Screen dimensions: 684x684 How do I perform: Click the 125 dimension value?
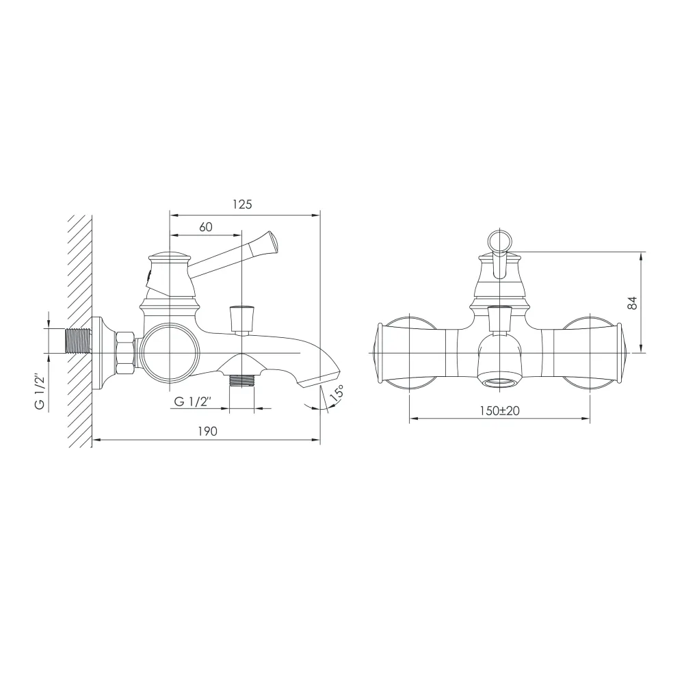[x=242, y=204]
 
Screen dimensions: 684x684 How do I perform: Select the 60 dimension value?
[x=205, y=227]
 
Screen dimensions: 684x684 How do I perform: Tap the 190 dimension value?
[x=207, y=431]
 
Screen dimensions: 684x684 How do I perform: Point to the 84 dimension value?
[x=633, y=303]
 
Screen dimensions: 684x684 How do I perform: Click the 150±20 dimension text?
[x=499, y=410]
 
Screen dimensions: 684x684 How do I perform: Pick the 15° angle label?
[x=337, y=393]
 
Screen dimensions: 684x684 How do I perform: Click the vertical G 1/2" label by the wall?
[x=40, y=391]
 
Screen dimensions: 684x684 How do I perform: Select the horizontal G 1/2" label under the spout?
[x=193, y=402]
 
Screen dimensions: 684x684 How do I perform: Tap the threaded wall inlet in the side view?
[x=78, y=340]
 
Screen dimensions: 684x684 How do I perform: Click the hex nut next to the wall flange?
[x=124, y=352]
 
